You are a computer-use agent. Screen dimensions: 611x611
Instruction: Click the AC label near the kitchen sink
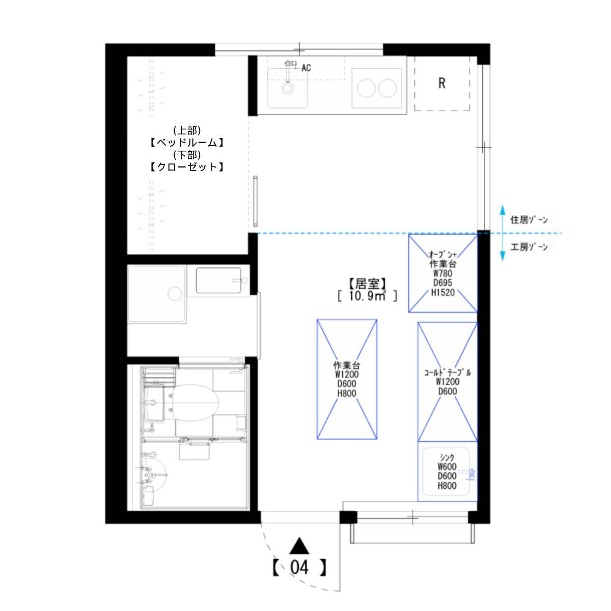[x=306, y=68]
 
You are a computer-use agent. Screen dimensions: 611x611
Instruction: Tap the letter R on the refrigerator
[x=441, y=83]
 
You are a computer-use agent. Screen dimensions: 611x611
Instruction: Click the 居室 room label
[x=368, y=284]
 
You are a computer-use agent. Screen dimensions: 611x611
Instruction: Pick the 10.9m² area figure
[x=368, y=296]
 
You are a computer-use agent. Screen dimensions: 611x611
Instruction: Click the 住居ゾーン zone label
[x=529, y=220]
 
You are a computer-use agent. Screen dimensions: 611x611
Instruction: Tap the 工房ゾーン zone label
[x=529, y=247]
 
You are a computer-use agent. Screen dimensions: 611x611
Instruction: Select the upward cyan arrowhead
[x=503, y=210]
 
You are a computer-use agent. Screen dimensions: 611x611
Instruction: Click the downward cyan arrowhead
[x=503, y=256]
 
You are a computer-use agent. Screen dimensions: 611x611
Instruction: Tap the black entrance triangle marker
[x=299, y=546]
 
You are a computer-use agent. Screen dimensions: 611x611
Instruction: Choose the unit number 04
[x=299, y=568]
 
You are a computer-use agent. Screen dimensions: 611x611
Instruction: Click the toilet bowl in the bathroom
[x=196, y=403]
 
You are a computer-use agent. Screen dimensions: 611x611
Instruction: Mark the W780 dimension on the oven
[x=442, y=273]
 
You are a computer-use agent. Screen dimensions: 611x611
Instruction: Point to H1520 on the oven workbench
[x=443, y=292]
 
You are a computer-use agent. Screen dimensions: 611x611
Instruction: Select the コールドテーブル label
[x=448, y=372]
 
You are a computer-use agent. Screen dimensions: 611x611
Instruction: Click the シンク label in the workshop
[x=447, y=457]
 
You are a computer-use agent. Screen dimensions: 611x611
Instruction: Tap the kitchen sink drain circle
[x=288, y=88]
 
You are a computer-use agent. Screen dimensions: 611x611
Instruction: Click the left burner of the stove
[x=366, y=88]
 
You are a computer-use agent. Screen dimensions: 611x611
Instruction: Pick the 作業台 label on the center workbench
[x=347, y=365]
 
